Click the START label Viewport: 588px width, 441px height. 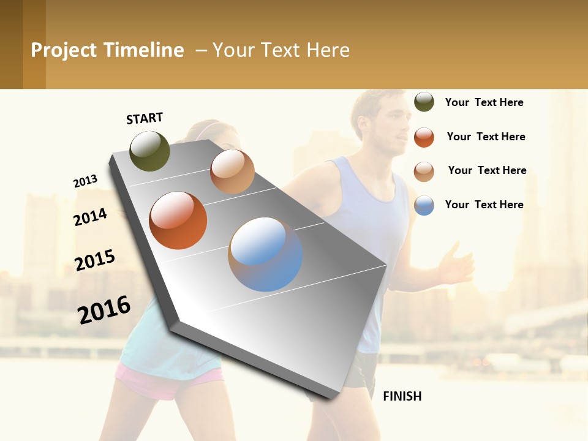(x=145, y=118)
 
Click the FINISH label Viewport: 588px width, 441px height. (x=402, y=396)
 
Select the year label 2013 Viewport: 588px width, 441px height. (x=85, y=181)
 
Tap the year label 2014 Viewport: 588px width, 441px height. (x=90, y=217)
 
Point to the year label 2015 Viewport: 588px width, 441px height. (x=95, y=260)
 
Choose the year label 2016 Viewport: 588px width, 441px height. (x=104, y=309)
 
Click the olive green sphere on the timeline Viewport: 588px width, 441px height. (x=149, y=151)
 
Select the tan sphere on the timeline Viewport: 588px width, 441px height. (x=232, y=171)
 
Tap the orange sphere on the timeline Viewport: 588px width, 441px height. (x=178, y=220)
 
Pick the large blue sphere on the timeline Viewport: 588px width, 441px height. (x=265, y=254)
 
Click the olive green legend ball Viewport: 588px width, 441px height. (x=424, y=102)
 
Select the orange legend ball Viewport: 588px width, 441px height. (x=424, y=137)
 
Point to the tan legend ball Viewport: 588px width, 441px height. (x=424, y=171)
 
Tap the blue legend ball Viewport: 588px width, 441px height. (x=424, y=205)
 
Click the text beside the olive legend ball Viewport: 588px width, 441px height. (x=484, y=102)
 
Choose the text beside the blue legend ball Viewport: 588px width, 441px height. (x=484, y=205)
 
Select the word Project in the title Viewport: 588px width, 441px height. (x=63, y=50)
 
